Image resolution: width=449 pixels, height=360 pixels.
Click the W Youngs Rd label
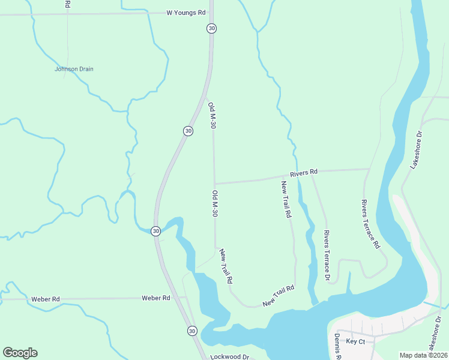[186, 12]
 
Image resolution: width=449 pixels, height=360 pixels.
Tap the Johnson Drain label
[74, 69]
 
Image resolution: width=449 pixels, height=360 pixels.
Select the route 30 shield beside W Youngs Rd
[211, 28]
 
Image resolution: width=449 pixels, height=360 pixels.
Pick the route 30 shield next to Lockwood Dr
[192, 331]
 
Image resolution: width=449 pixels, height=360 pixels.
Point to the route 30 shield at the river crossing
[155, 230]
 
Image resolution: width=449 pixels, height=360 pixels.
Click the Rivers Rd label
[303, 173]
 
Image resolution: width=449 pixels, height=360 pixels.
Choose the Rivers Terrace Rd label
[370, 224]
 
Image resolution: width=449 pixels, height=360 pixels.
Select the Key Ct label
[356, 341]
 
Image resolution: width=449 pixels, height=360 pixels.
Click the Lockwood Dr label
[229, 356]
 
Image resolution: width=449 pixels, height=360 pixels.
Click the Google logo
[20, 353]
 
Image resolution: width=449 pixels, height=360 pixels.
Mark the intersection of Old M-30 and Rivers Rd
[215, 184]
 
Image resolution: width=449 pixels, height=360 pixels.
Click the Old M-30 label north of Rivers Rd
[211, 115]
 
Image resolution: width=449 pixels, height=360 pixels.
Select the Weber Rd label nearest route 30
[156, 298]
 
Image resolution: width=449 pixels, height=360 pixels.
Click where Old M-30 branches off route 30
[206, 98]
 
